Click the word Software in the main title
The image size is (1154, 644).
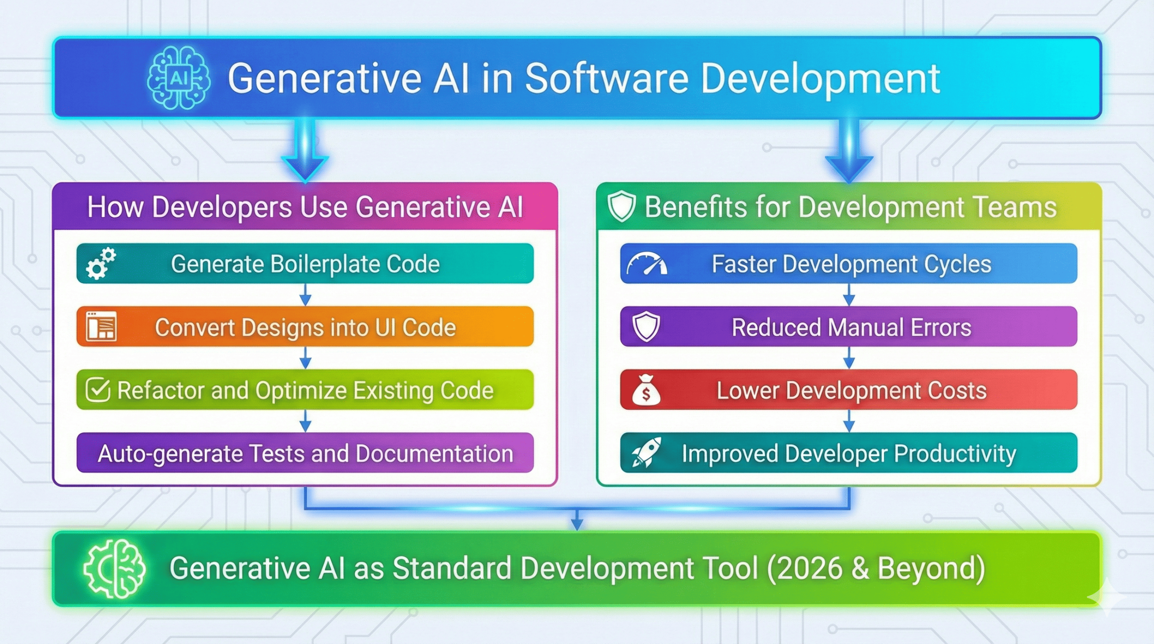point(606,79)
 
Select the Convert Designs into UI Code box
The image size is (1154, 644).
point(305,327)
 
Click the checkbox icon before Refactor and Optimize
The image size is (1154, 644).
point(98,390)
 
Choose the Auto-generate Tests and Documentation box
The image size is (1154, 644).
point(305,453)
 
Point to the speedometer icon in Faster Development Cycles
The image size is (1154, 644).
point(646,264)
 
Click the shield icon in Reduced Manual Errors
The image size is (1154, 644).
point(646,327)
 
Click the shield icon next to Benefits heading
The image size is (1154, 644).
point(622,207)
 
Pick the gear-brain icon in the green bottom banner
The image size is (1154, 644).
point(114,569)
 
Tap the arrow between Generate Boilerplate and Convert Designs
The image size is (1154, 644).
point(305,295)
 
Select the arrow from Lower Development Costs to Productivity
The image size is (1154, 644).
point(849,421)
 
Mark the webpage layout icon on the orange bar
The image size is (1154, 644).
point(101,326)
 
